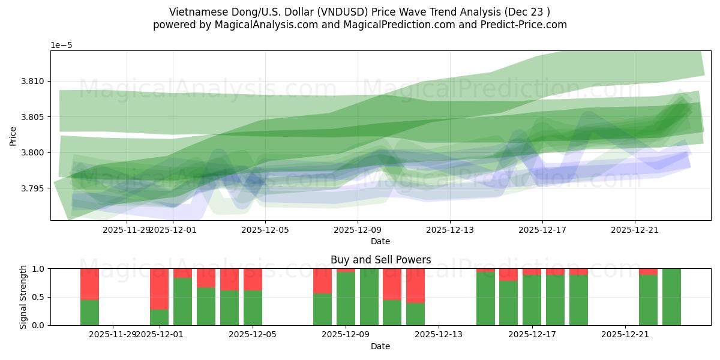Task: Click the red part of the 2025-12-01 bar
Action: click(x=159, y=289)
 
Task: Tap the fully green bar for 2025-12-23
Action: click(x=671, y=297)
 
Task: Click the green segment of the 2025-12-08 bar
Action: click(x=322, y=309)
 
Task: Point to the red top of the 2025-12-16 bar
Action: click(x=508, y=275)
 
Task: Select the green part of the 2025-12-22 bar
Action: click(x=648, y=299)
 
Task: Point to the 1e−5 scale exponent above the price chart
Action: click(x=62, y=45)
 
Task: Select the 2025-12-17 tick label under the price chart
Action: click(x=542, y=229)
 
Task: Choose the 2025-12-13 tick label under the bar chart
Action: click(x=439, y=334)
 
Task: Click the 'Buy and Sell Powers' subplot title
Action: click(x=380, y=260)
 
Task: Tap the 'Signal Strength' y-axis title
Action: click(x=23, y=297)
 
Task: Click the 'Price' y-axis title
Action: click(x=13, y=136)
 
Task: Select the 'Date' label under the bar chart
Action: click(x=380, y=346)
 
